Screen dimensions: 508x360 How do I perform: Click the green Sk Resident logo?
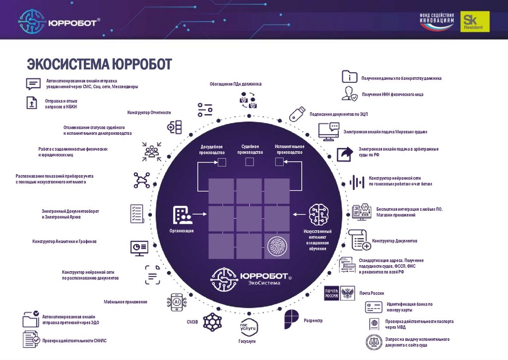pyautogui.click(x=475, y=22)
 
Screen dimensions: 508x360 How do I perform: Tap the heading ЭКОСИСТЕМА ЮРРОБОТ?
pyautogui.click(x=99, y=64)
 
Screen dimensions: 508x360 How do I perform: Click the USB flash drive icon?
pyautogui.click(x=296, y=114)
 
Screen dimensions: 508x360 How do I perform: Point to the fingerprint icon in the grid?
pyautogui.click(x=276, y=246)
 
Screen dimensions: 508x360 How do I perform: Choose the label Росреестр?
pyautogui.click(x=314, y=321)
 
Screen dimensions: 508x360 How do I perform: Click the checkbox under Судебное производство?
pyautogui.click(x=250, y=162)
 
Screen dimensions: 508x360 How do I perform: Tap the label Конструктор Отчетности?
pyautogui.click(x=149, y=113)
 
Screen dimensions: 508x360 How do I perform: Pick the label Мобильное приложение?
pyautogui.click(x=125, y=302)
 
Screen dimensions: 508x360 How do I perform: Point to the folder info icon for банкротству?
pyautogui.click(x=349, y=77)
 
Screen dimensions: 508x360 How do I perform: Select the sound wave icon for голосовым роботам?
pyautogui.click(x=357, y=181)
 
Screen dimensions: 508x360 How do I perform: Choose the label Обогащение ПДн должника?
pyautogui.click(x=235, y=84)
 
